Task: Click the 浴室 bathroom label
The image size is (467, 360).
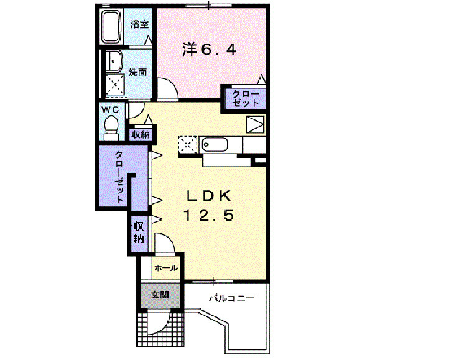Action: [140, 24]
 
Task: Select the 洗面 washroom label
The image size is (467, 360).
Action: [138, 72]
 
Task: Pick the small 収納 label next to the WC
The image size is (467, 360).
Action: [141, 134]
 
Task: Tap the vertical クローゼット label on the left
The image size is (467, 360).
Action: [119, 177]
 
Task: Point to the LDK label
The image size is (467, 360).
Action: [210, 196]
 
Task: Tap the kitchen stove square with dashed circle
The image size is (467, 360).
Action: [187, 145]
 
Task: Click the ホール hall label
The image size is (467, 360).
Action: [167, 269]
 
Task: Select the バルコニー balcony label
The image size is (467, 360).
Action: [231, 299]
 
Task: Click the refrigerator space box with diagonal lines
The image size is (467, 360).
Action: [255, 124]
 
